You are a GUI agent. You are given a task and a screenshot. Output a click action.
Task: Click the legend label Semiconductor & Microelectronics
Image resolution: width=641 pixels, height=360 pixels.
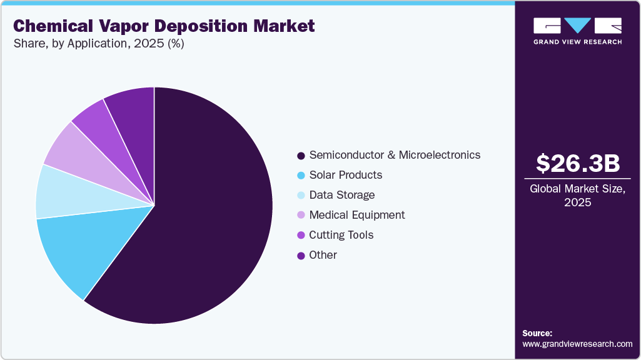[395, 155]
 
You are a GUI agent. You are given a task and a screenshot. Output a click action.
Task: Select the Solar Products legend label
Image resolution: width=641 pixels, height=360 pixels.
[345, 175]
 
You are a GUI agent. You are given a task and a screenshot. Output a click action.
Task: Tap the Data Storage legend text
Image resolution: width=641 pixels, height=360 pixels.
[342, 195]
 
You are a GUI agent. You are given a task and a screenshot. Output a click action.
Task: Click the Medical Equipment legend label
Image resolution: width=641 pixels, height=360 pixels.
[357, 215]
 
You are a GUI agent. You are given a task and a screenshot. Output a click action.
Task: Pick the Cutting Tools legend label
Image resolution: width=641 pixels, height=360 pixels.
[341, 235]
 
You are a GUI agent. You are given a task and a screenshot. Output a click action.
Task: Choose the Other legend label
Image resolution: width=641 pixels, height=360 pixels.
[323, 255]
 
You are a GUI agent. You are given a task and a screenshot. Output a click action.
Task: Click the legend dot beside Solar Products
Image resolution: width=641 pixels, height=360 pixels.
[301, 176]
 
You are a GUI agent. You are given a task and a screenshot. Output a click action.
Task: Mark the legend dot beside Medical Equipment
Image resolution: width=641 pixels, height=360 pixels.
[301, 216]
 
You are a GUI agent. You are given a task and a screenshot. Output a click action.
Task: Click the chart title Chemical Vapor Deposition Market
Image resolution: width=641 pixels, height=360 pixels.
[164, 26]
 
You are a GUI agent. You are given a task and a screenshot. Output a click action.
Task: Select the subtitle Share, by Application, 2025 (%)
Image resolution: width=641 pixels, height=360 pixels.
[98, 44]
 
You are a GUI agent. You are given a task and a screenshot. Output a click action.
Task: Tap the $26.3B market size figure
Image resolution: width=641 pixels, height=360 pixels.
[578, 164]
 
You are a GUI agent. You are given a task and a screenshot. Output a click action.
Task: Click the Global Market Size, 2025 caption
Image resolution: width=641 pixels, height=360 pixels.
[578, 196]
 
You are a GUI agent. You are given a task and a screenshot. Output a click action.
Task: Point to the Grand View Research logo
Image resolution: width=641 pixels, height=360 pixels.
[578, 30]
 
